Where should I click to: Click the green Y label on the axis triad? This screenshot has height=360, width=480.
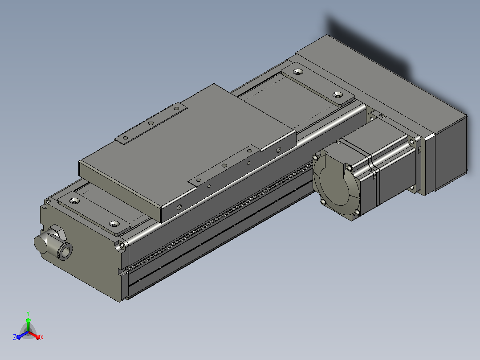28,313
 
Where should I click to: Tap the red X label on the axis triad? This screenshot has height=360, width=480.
42,337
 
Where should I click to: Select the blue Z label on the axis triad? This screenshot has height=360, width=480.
15,337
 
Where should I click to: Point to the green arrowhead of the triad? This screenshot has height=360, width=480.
28,320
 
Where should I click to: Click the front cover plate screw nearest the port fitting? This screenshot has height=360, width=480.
74,201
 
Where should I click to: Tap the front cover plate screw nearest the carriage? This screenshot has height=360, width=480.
114,224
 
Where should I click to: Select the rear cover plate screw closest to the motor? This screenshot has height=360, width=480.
338,94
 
